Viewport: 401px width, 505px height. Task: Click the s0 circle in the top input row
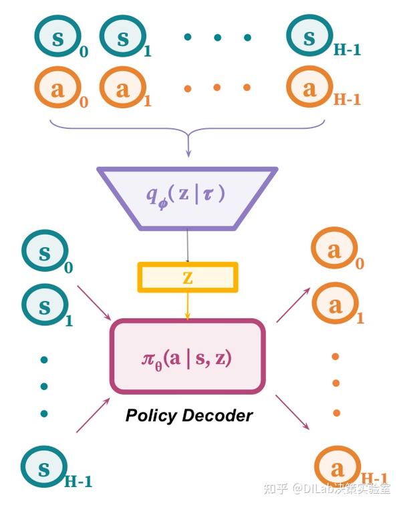(59, 39)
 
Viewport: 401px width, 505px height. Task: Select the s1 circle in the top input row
(122, 39)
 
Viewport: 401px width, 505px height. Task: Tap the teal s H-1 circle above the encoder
(309, 39)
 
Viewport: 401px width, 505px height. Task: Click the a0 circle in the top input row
(57, 90)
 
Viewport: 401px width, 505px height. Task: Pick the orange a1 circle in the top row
(122, 90)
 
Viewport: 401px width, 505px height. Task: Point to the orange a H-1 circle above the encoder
(309, 90)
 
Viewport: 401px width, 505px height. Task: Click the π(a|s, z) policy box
(187, 357)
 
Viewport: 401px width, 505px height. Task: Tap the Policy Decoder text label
(189, 415)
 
